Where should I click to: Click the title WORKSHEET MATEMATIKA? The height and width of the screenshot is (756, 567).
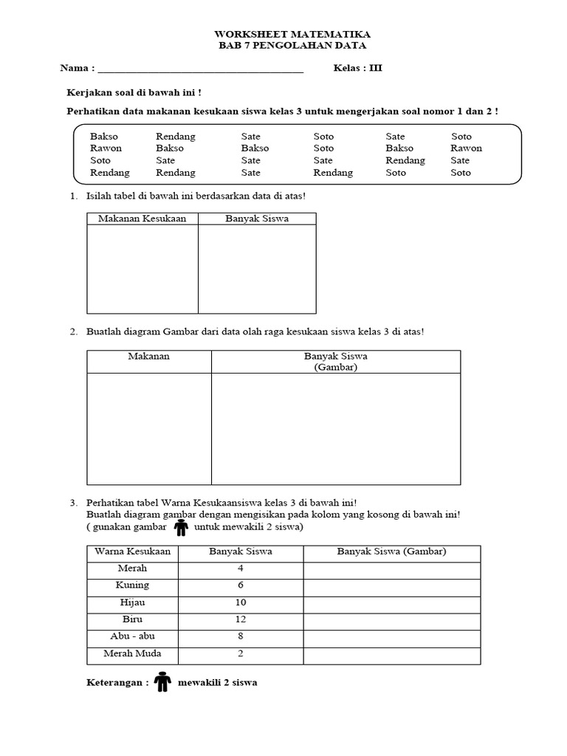coord(292,35)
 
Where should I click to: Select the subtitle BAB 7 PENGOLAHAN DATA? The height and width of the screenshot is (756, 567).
coord(292,46)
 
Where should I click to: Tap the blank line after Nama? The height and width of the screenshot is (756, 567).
coord(200,70)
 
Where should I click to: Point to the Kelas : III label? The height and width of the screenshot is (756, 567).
coord(357,69)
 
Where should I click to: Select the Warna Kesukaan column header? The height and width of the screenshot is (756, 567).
coord(133,551)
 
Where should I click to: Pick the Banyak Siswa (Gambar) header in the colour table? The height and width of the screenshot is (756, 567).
coord(391,551)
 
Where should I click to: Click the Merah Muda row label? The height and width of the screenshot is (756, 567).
coord(133,653)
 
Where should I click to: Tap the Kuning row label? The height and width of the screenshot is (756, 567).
coord(133,585)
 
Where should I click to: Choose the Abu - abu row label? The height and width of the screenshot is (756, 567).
coord(133,636)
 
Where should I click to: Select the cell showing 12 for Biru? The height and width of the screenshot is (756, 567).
coord(241,619)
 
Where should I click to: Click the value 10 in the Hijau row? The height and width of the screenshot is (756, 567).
coord(241,602)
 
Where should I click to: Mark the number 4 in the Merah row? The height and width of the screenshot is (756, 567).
coord(241,568)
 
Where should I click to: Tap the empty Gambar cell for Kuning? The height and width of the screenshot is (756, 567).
coord(391,585)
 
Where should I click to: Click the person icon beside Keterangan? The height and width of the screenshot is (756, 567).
coord(162,682)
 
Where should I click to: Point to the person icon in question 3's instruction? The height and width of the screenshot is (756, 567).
coord(181,527)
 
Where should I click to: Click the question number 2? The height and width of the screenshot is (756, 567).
coord(74,332)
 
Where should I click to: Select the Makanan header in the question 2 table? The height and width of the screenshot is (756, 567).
coord(149,357)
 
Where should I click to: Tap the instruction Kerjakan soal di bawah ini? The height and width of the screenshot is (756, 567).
coord(134,93)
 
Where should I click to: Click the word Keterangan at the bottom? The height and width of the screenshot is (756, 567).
coord(117,683)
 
